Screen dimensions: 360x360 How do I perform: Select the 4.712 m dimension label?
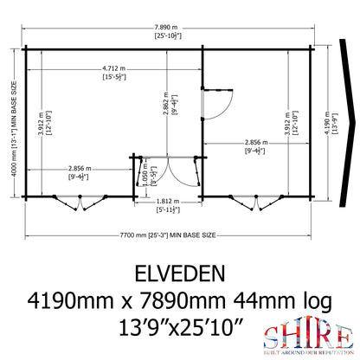[112, 75]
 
